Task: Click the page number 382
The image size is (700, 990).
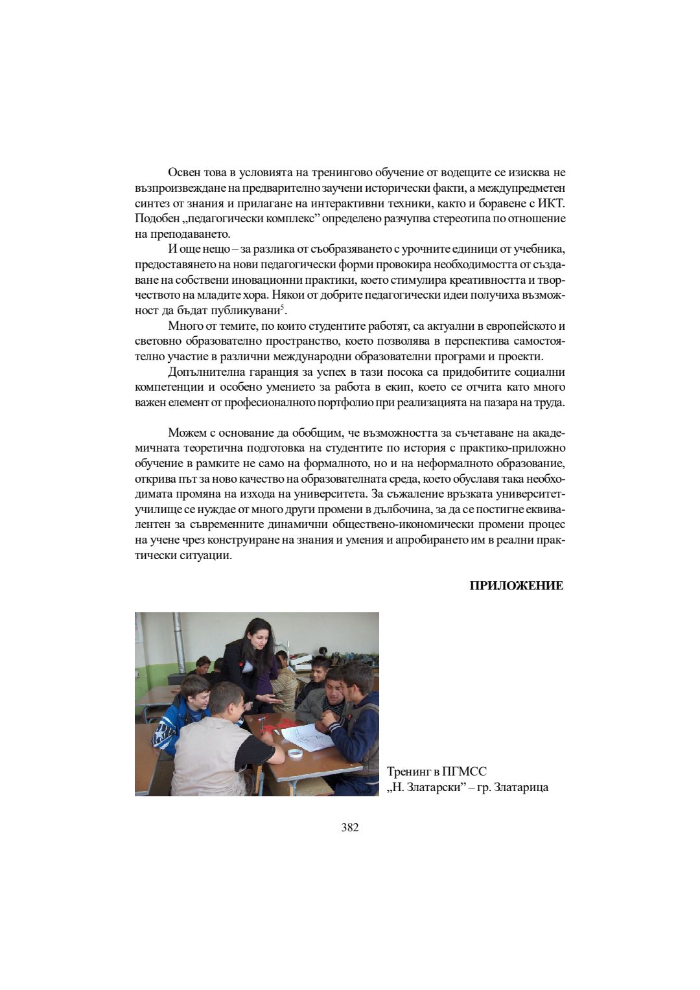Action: [349, 827]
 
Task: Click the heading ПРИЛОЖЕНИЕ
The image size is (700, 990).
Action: [516, 586]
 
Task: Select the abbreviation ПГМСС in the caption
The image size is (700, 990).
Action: [463, 772]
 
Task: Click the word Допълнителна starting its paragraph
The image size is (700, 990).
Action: [203, 372]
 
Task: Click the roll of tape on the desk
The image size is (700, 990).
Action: [296, 754]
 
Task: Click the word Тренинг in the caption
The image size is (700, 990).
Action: [410, 772]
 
